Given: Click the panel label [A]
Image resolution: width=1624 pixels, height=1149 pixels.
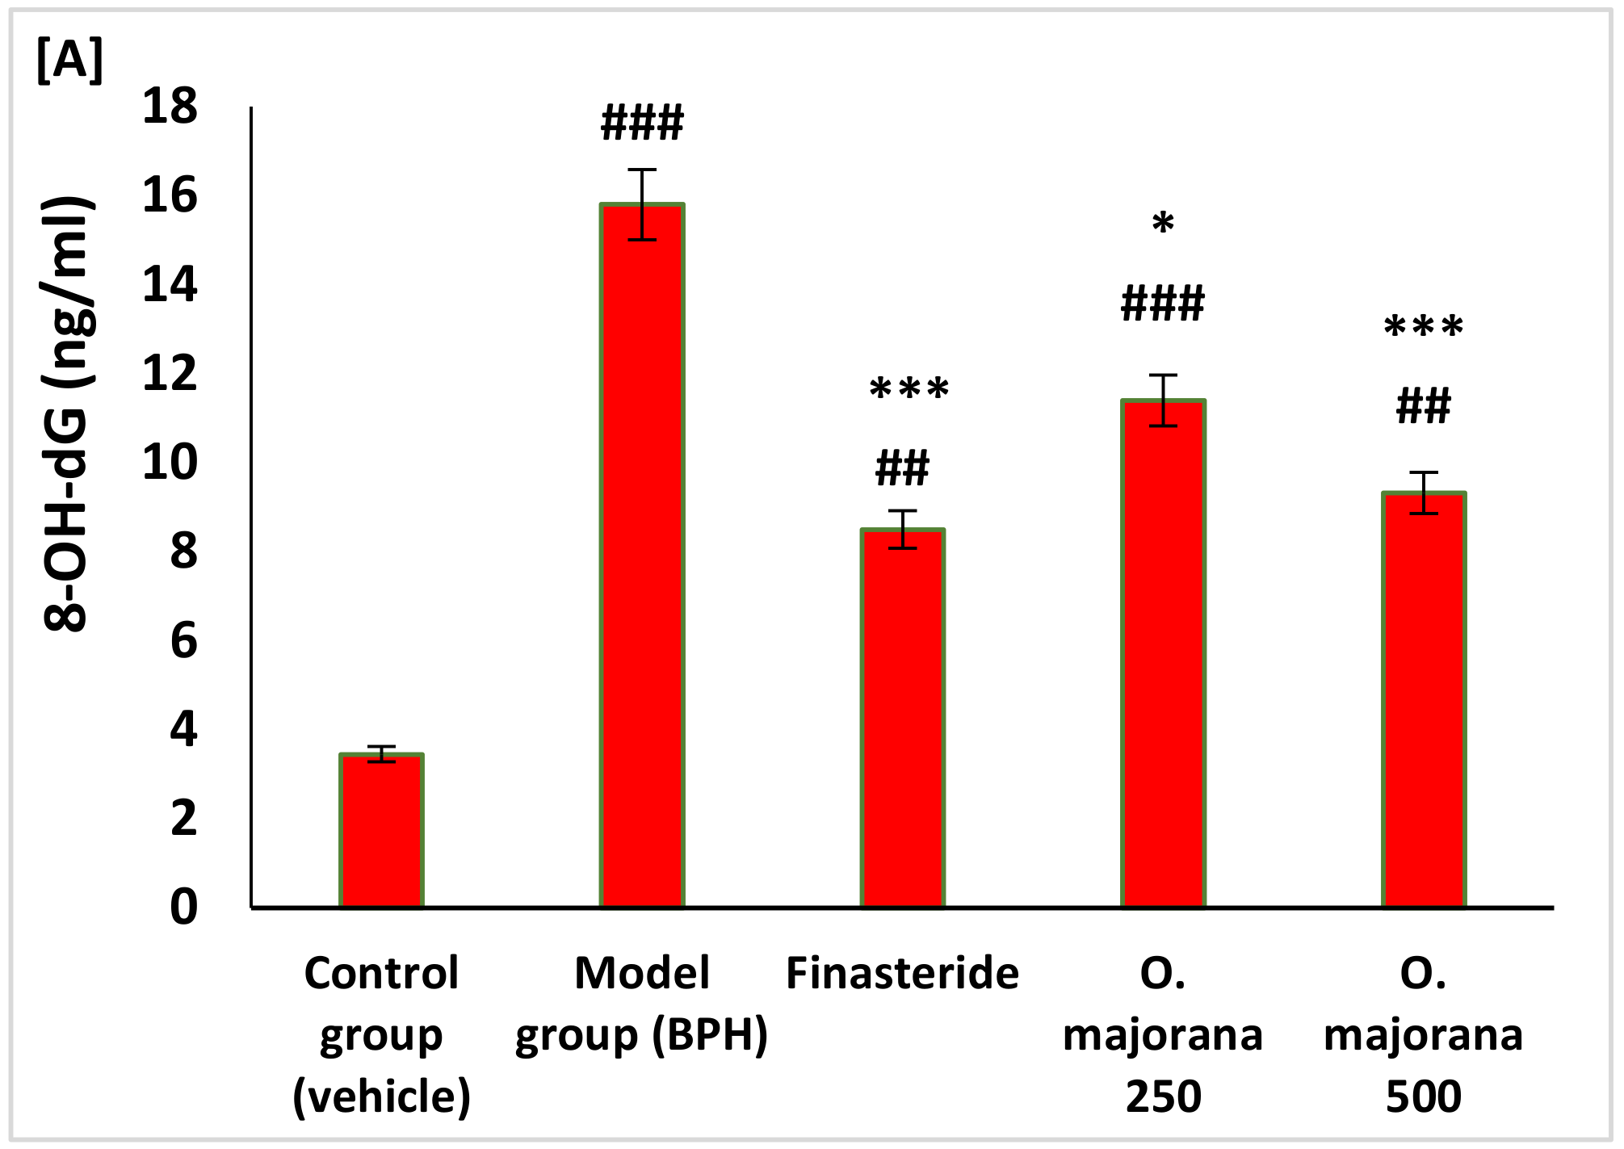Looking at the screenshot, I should tap(69, 61).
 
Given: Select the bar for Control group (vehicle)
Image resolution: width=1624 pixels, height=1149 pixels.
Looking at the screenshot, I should tap(381, 832).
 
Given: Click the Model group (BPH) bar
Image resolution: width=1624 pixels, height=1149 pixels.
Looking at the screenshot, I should tap(642, 557).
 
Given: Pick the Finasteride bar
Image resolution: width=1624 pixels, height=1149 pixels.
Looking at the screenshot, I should tap(902, 719).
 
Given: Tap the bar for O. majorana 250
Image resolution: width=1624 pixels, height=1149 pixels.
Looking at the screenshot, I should tap(1163, 654).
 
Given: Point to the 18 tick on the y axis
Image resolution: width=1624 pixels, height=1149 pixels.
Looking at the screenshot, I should tap(170, 107).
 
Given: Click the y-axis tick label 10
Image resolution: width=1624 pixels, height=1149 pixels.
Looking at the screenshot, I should tap(170, 463).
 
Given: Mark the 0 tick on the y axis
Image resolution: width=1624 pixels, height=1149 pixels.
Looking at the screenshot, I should tap(183, 907).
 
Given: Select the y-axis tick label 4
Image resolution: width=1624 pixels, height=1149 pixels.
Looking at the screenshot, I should tap(183, 730).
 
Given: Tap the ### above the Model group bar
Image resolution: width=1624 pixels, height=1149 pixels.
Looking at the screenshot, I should tap(642, 124).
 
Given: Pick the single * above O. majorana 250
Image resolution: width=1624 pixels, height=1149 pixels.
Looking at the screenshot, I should tap(1163, 224).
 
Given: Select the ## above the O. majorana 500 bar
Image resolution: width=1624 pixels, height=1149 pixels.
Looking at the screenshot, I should tap(1423, 407).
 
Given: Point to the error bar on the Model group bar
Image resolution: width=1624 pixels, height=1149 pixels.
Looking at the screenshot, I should tap(642, 204).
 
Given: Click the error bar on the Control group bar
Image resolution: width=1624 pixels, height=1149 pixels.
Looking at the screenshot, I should tap(381, 754).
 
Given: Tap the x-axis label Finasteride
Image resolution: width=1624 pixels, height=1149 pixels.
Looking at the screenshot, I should tap(902, 973).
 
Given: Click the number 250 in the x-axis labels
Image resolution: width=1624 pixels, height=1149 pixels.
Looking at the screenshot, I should tap(1163, 1097).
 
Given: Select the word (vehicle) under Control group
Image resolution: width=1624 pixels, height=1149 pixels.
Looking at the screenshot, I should tap(381, 1097).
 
